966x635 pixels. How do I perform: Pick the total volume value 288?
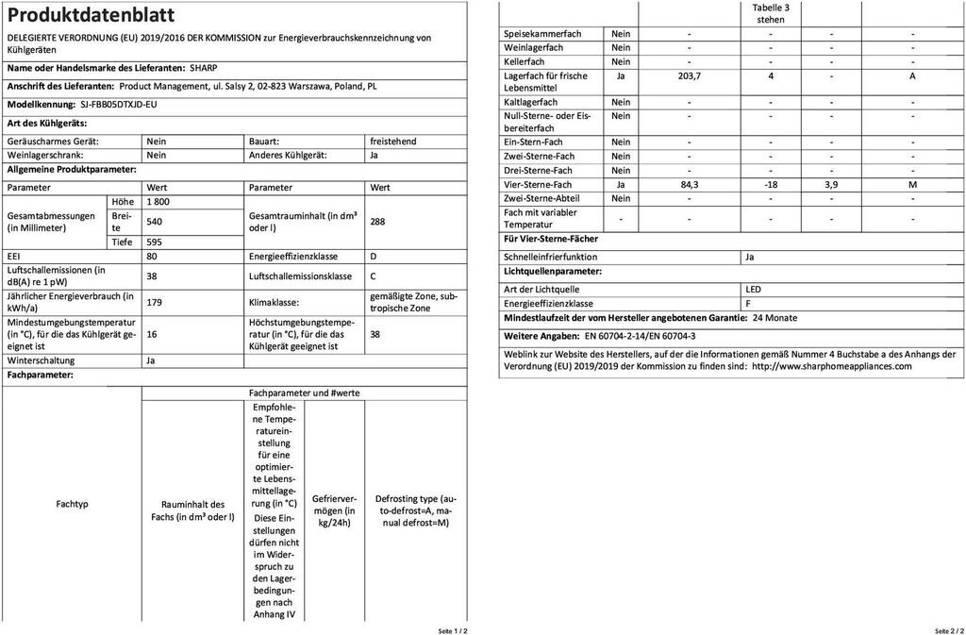pyautogui.click(x=378, y=222)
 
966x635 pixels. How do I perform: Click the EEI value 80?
pyautogui.click(x=153, y=257)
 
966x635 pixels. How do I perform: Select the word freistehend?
pyautogui.click(x=393, y=141)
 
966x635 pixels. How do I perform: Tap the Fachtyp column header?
pyautogui.click(x=73, y=504)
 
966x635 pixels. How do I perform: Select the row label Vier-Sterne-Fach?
pyautogui.click(x=539, y=184)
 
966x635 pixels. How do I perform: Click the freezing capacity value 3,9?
pyautogui.click(x=831, y=184)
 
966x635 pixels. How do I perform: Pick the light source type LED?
pyautogui.click(x=753, y=289)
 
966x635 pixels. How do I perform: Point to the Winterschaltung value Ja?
pyautogui.click(x=152, y=360)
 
